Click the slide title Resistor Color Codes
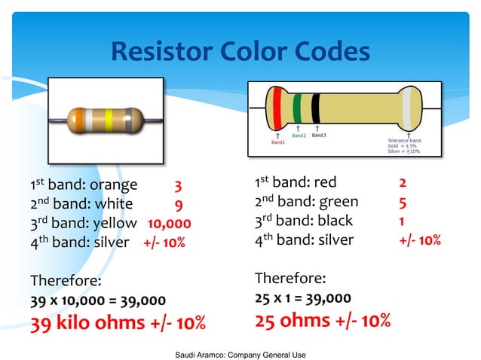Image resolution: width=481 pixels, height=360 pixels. click(240, 52)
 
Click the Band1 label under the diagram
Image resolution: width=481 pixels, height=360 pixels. click(278, 141)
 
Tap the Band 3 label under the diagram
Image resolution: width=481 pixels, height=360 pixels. click(319, 136)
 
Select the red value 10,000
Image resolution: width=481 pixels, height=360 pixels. click(169, 223)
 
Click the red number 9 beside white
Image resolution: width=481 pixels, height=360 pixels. click(178, 204)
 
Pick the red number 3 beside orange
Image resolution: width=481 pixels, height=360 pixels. click(178, 185)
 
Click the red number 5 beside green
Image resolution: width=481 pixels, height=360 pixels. click(403, 202)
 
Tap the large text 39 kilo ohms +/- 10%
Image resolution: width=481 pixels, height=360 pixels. click(118, 324)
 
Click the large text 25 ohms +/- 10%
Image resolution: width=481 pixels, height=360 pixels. click(323, 321)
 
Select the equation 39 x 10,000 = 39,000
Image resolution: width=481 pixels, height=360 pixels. click(97, 300)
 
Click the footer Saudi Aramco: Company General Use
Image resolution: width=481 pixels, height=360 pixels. click(240, 353)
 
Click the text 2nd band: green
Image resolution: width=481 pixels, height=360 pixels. click(307, 202)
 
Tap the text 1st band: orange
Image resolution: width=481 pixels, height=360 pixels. click(84, 185)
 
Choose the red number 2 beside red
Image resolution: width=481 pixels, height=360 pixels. click(403, 183)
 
